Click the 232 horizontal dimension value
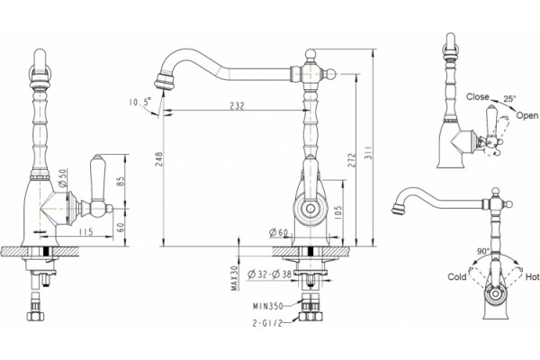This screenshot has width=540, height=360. (x=237, y=105)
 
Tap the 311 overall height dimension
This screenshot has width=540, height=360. (x=367, y=152)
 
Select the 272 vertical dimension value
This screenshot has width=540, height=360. (x=351, y=160)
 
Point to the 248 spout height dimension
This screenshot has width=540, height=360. (x=158, y=159)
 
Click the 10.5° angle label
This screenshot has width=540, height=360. (x=140, y=102)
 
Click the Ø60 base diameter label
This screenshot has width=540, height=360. (x=278, y=233)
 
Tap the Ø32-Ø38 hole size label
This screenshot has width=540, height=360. (x=270, y=274)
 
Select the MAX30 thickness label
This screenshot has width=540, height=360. (x=235, y=278)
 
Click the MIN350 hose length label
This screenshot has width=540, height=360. (x=268, y=306)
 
